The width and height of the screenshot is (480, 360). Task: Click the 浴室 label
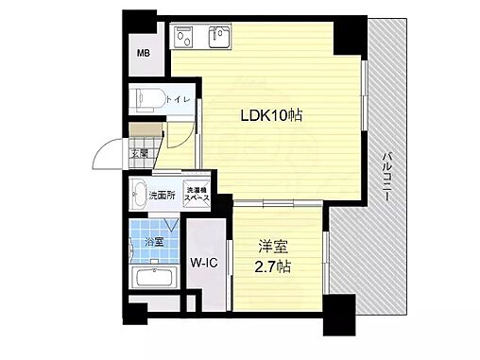[153, 242]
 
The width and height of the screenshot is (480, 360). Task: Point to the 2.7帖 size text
[274, 268]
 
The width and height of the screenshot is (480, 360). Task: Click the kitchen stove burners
[182, 37]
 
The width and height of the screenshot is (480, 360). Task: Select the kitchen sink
[220, 37]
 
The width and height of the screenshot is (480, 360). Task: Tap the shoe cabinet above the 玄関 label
[144, 133]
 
